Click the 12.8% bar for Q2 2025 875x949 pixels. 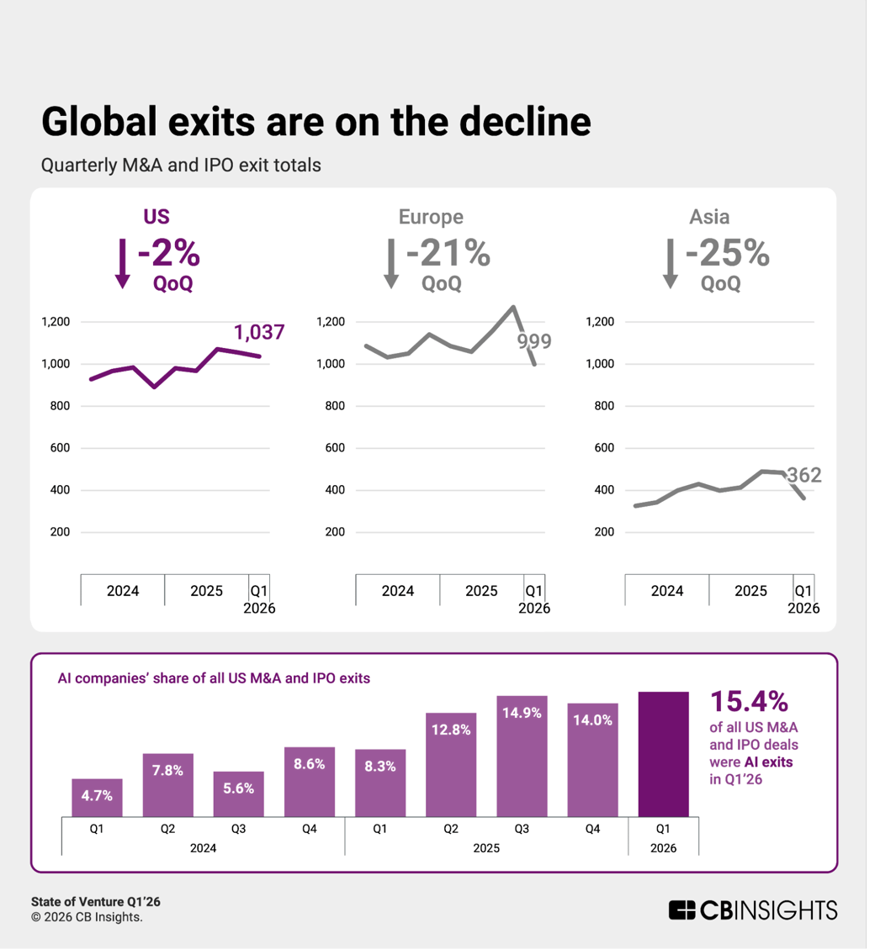tap(451, 764)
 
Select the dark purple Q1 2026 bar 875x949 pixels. tap(664, 753)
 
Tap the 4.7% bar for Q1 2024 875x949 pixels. tap(98, 797)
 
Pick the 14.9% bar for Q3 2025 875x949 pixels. tap(522, 756)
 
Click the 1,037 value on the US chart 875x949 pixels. tap(259, 333)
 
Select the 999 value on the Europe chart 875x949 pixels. tap(533, 341)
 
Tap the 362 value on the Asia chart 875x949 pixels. tap(803, 476)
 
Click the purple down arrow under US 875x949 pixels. tap(123, 263)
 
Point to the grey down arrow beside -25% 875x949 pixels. tap(670, 263)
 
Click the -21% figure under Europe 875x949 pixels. tap(448, 253)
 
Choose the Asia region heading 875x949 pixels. tap(709, 217)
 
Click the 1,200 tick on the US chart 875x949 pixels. tap(56, 322)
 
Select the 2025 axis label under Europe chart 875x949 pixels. tap(482, 591)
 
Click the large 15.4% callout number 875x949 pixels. tap(749, 701)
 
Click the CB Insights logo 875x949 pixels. tap(753, 910)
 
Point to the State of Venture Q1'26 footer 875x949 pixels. tap(96, 902)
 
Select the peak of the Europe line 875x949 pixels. tap(513, 307)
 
